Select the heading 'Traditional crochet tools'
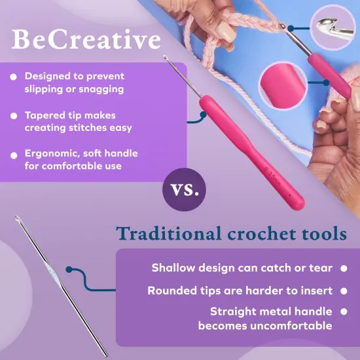(231, 233)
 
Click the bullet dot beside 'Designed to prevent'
(14, 77)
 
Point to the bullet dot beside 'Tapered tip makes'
(14, 116)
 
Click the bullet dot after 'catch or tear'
(343, 268)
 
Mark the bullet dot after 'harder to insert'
(343, 291)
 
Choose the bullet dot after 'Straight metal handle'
(343, 312)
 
